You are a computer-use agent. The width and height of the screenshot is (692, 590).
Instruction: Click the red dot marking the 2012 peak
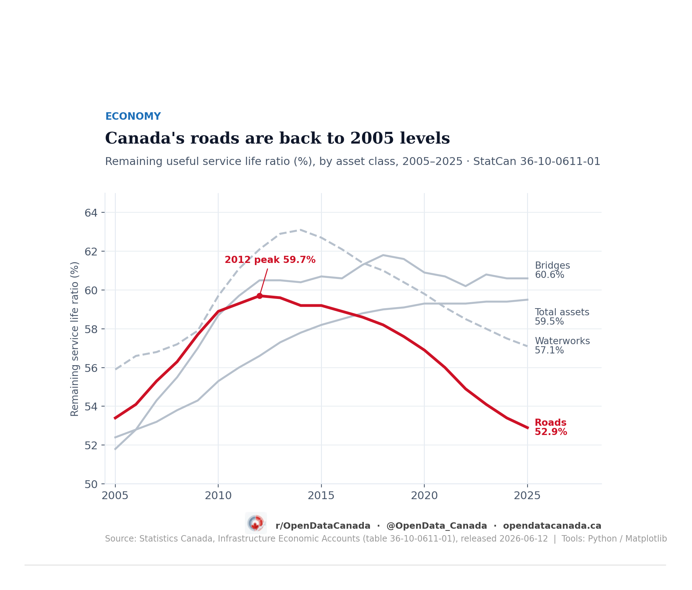pyautogui.click(x=259, y=296)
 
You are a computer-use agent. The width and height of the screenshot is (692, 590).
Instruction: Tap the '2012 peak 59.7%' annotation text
pyautogui.click(x=270, y=260)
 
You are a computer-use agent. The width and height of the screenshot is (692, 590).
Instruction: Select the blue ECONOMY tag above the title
pyautogui.click(x=133, y=117)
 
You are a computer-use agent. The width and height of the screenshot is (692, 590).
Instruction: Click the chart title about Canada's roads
pyautogui.click(x=277, y=138)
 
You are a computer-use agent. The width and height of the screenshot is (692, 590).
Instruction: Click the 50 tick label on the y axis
pyautogui.click(x=91, y=484)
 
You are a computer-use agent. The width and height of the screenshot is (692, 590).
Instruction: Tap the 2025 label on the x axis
pyautogui.click(x=527, y=496)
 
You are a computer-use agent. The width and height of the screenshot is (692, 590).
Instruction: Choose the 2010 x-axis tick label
pyautogui.click(x=218, y=496)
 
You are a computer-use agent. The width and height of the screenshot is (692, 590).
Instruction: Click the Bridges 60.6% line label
pyautogui.click(x=552, y=270)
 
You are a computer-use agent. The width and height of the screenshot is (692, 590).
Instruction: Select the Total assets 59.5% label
pyautogui.click(x=562, y=317)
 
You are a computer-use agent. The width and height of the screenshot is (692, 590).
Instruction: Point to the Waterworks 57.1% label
pyautogui.click(x=562, y=346)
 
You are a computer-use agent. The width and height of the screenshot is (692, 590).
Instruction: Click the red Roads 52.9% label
pyautogui.click(x=551, y=427)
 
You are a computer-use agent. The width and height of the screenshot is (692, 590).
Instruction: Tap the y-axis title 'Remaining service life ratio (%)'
pyautogui.click(x=75, y=339)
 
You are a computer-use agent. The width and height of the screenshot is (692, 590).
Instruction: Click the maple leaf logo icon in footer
pyautogui.click(x=256, y=523)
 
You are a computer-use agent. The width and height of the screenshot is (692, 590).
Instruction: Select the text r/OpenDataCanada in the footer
pyautogui.click(x=323, y=526)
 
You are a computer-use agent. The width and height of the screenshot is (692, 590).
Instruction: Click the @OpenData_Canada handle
pyautogui.click(x=437, y=526)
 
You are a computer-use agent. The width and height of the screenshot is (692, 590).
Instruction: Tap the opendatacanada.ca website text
pyautogui.click(x=552, y=526)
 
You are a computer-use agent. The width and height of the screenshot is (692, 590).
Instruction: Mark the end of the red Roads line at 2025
pyautogui.click(x=528, y=428)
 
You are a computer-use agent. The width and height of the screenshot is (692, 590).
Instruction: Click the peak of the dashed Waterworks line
pyautogui.click(x=301, y=230)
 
